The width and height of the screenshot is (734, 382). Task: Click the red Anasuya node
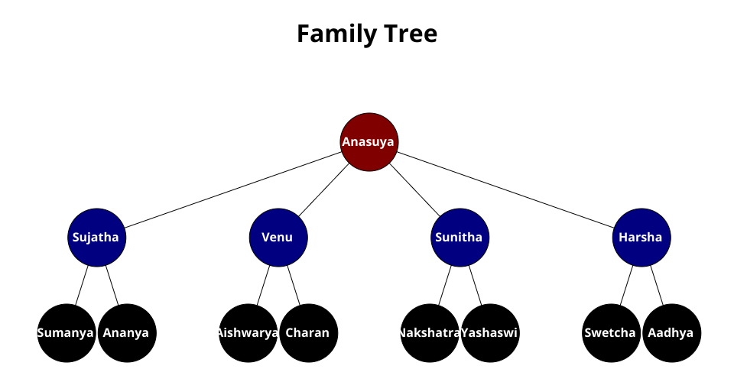(x=369, y=142)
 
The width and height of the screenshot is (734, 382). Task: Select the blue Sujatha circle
(x=96, y=238)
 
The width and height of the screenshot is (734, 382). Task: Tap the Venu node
(x=278, y=238)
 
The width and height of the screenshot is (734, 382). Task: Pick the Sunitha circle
(x=460, y=238)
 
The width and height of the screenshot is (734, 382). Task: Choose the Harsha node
(x=641, y=238)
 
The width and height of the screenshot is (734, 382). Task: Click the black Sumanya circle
(x=66, y=333)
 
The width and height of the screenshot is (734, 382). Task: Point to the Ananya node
(x=126, y=333)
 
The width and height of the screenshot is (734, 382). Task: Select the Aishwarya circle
(x=248, y=333)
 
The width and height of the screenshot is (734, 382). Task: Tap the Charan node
(x=308, y=333)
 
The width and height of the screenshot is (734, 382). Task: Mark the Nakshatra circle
(x=429, y=333)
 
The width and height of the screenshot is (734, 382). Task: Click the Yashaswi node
(x=490, y=333)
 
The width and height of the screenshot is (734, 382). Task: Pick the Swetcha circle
(x=611, y=333)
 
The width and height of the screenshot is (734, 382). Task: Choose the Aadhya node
(x=671, y=333)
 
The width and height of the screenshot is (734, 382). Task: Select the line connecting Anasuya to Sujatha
(x=233, y=189)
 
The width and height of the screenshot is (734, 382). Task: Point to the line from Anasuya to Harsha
(x=505, y=189)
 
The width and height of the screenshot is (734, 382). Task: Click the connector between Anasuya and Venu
(x=324, y=189)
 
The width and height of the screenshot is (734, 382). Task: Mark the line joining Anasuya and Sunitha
(x=414, y=189)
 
